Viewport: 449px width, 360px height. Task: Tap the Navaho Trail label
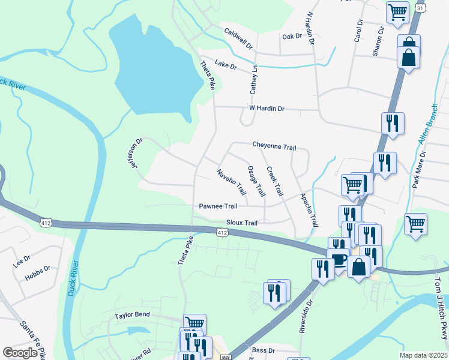(232, 182)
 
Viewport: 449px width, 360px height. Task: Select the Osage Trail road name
(256, 181)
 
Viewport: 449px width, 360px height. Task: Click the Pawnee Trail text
(218, 206)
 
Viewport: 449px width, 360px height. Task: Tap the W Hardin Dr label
(267, 109)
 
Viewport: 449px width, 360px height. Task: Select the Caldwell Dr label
(239, 38)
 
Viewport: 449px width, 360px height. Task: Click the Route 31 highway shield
(420, 8)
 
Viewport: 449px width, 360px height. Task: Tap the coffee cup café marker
(339, 259)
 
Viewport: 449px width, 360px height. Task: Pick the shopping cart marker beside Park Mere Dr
(415, 224)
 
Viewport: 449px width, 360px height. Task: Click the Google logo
(20, 353)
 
